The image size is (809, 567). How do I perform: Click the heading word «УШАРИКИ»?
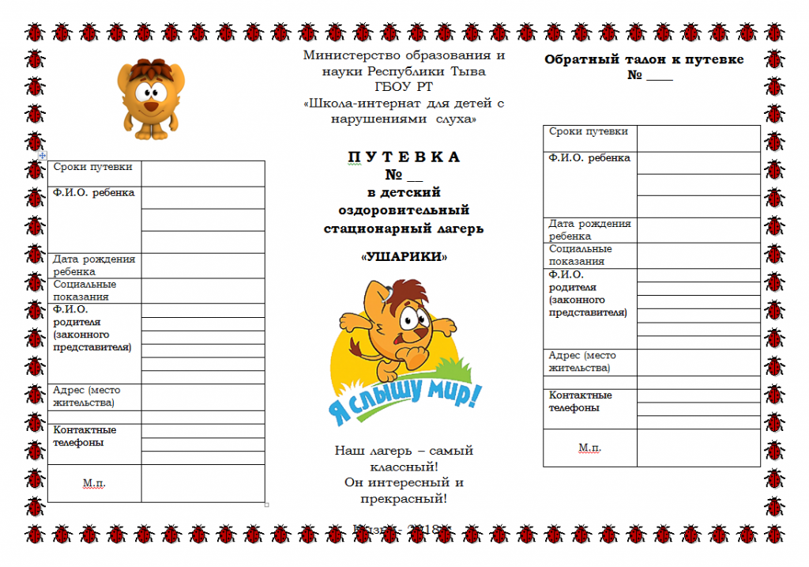404,258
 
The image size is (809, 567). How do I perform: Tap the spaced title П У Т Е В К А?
404,157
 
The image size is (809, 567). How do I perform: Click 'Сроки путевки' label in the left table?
92,168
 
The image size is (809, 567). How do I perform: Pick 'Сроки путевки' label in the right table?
589,132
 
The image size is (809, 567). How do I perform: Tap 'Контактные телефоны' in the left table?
85,436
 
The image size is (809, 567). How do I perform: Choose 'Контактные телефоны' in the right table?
581,401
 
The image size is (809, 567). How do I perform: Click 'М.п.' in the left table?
94,482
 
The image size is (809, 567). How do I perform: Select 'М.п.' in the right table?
589,448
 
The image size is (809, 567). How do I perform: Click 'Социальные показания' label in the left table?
85,290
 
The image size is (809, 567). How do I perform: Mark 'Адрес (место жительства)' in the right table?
582,361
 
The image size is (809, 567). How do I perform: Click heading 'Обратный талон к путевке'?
644,60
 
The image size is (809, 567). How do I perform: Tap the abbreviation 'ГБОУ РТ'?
404,87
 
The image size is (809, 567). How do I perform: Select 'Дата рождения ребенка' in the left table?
93,265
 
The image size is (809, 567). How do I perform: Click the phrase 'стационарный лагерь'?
404,229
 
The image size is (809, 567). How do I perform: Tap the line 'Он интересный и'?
404,482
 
